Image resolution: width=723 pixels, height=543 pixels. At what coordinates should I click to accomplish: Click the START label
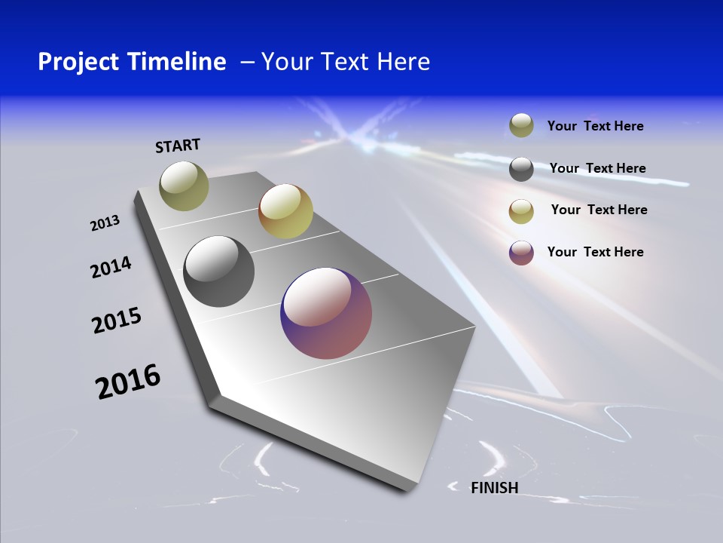[x=178, y=146]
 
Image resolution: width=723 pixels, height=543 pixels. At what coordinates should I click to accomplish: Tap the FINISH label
[x=494, y=488]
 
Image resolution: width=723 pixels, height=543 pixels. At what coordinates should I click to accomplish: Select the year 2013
[x=105, y=223]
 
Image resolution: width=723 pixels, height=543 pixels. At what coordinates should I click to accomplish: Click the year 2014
[x=111, y=268]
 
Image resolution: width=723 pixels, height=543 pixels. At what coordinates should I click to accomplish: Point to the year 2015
[x=117, y=321]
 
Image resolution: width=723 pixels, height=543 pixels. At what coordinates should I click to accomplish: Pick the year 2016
[x=128, y=382]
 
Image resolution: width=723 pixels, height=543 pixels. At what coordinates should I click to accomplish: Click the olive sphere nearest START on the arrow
[x=184, y=186]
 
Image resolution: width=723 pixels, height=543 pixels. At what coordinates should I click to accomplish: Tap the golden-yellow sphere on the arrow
[x=285, y=210]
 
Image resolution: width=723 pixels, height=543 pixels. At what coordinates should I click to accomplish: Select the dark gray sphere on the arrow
[x=219, y=271]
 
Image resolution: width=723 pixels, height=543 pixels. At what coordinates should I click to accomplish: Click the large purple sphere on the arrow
[x=326, y=313]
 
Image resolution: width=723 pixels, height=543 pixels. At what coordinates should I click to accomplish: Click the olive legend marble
[x=521, y=125]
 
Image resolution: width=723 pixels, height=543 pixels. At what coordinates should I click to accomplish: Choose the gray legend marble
[x=521, y=169]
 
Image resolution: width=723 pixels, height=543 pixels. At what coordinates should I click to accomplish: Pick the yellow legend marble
[x=521, y=211]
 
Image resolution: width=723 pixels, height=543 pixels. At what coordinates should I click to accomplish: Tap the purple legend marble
[x=521, y=253]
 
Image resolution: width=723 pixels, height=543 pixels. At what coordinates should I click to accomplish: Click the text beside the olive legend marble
[x=595, y=126]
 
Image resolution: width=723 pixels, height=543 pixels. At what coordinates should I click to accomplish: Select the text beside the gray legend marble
[x=597, y=168]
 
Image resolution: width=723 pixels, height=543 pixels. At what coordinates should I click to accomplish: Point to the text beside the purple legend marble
[x=595, y=252]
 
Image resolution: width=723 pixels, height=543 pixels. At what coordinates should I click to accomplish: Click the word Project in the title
[x=78, y=62]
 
